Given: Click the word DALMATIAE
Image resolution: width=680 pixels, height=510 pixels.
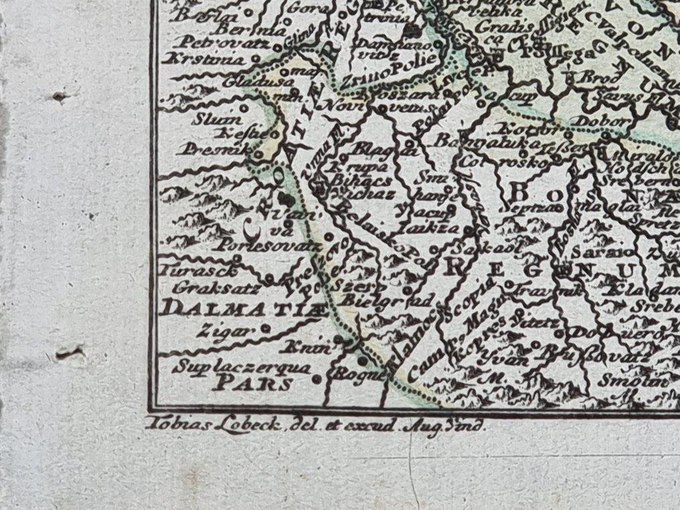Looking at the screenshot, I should click(x=245, y=309).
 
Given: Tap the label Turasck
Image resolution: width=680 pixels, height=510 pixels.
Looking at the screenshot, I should click(x=189, y=272).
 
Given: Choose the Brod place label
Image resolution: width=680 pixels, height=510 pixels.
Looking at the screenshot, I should click(x=591, y=78).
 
